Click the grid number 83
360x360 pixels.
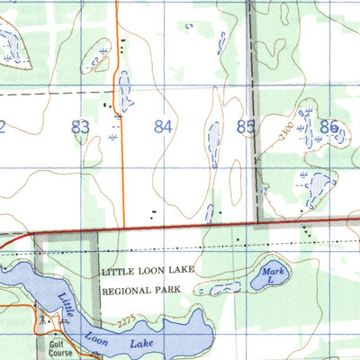click(x=80, y=127)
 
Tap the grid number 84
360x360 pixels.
click(x=163, y=127)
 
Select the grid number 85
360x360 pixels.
click(x=245, y=127)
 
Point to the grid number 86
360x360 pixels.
click(x=328, y=127)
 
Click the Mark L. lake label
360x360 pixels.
click(x=271, y=275)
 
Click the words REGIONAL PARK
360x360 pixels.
click(x=141, y=291)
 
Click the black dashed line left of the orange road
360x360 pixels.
click(x=54, y=93)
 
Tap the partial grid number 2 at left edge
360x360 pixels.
click(x=3, y=127)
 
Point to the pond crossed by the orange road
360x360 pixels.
click(x=123, y=90)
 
